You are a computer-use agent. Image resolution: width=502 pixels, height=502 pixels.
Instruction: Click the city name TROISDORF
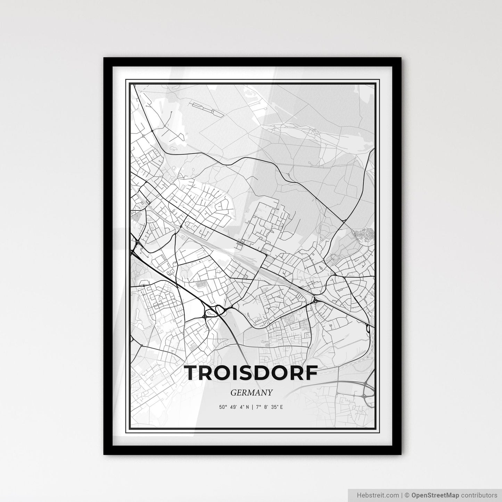click(x=251, y=373)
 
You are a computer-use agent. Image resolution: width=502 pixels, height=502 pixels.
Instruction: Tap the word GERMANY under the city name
click(x=251, y=393)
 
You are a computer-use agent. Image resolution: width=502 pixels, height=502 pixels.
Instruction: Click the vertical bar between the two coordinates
click(x=252, y=407)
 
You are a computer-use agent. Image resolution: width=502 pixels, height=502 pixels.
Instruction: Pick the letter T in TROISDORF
click(x=192, y=373)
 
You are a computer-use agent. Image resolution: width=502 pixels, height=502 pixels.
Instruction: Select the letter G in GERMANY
click(x=232, y=393)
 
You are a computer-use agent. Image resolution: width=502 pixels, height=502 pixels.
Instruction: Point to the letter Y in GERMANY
click(x=270, y=393)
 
